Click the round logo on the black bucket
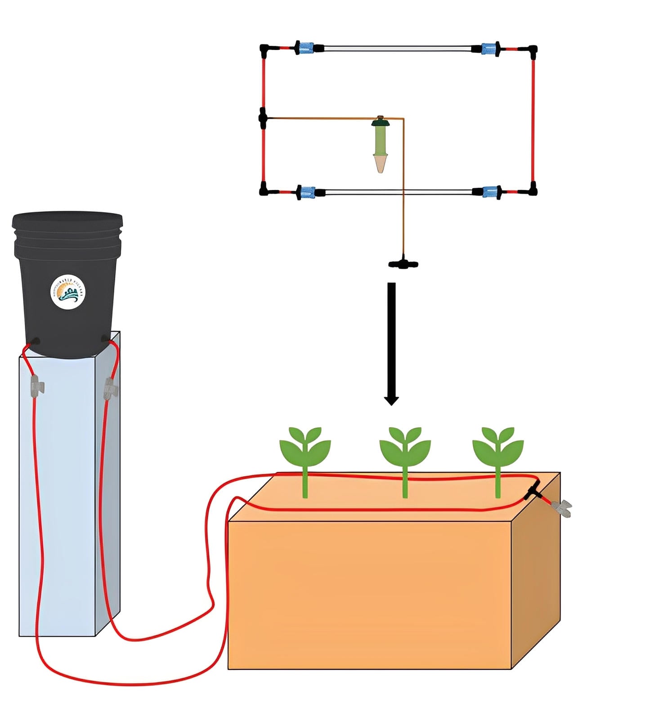67,292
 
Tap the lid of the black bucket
67,221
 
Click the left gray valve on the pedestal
37,386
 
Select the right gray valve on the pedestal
110,388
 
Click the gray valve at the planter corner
562,508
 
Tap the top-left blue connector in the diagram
306,47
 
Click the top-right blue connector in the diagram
489,48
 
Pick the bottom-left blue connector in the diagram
307,192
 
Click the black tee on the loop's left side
263,119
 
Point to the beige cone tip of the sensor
381,164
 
